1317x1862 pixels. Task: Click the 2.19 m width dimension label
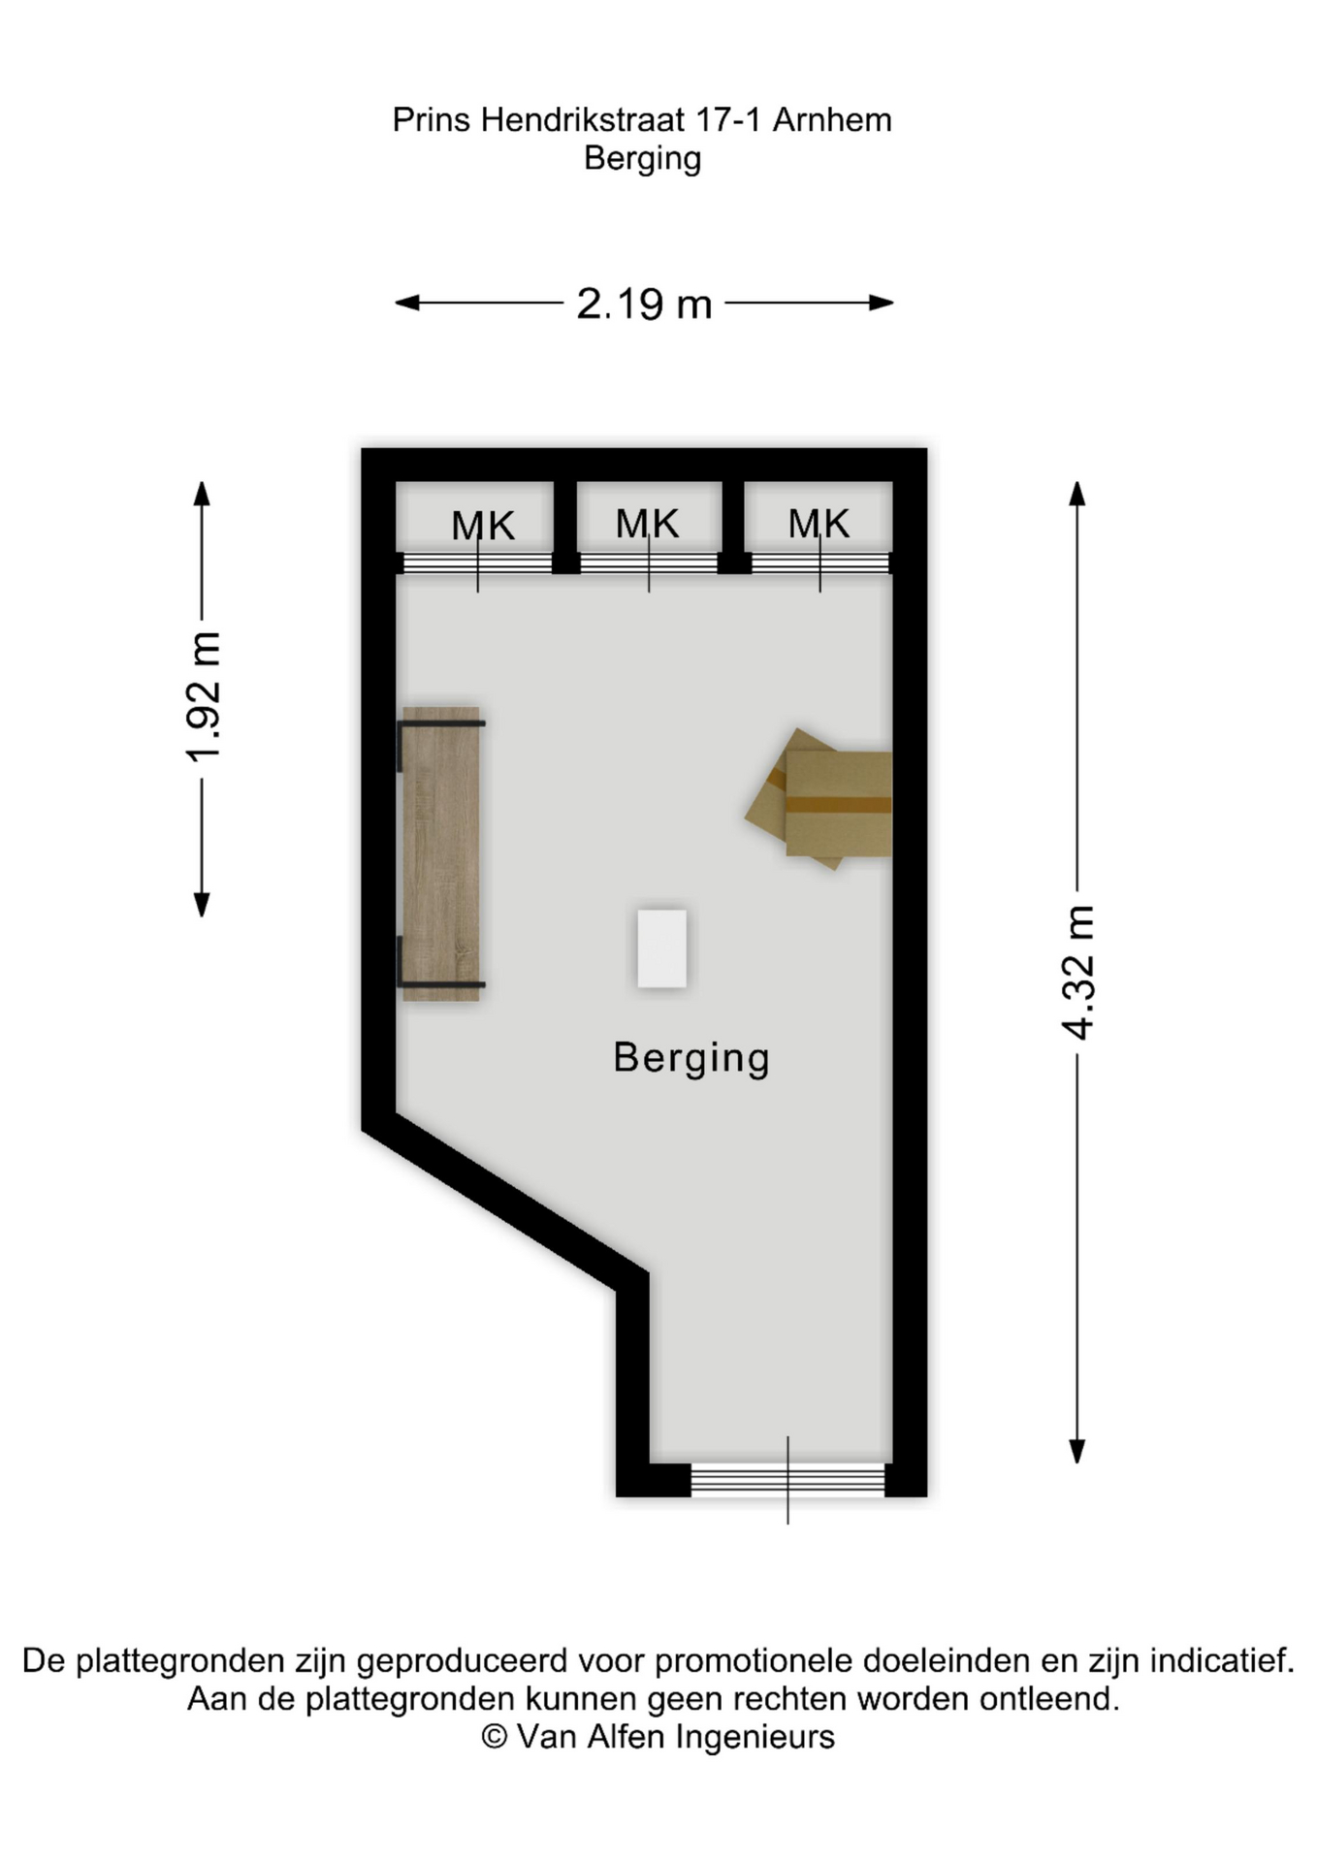[644, 304]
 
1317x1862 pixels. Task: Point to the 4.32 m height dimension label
[1078, 973]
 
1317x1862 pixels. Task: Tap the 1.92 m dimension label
[204, 697]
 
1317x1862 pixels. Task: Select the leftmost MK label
[483, 526]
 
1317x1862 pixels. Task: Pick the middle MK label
[648, 524]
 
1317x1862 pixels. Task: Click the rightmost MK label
[819, 524]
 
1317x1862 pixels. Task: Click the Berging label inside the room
[691, 1058]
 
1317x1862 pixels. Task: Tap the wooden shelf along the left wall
[441, 853]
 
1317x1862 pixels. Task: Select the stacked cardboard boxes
[819, 798]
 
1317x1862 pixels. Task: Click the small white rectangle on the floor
[662, 948]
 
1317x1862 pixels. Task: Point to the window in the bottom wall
[787, 1480]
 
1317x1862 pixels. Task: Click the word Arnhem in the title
[832, 120]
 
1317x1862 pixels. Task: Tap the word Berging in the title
[642, 158]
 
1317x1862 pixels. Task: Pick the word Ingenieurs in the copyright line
[755, 1737]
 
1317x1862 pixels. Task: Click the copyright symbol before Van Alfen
[495, 1737]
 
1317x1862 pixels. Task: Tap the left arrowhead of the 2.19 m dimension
[406, 303]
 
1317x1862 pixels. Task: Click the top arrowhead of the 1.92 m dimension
[202, 494]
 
